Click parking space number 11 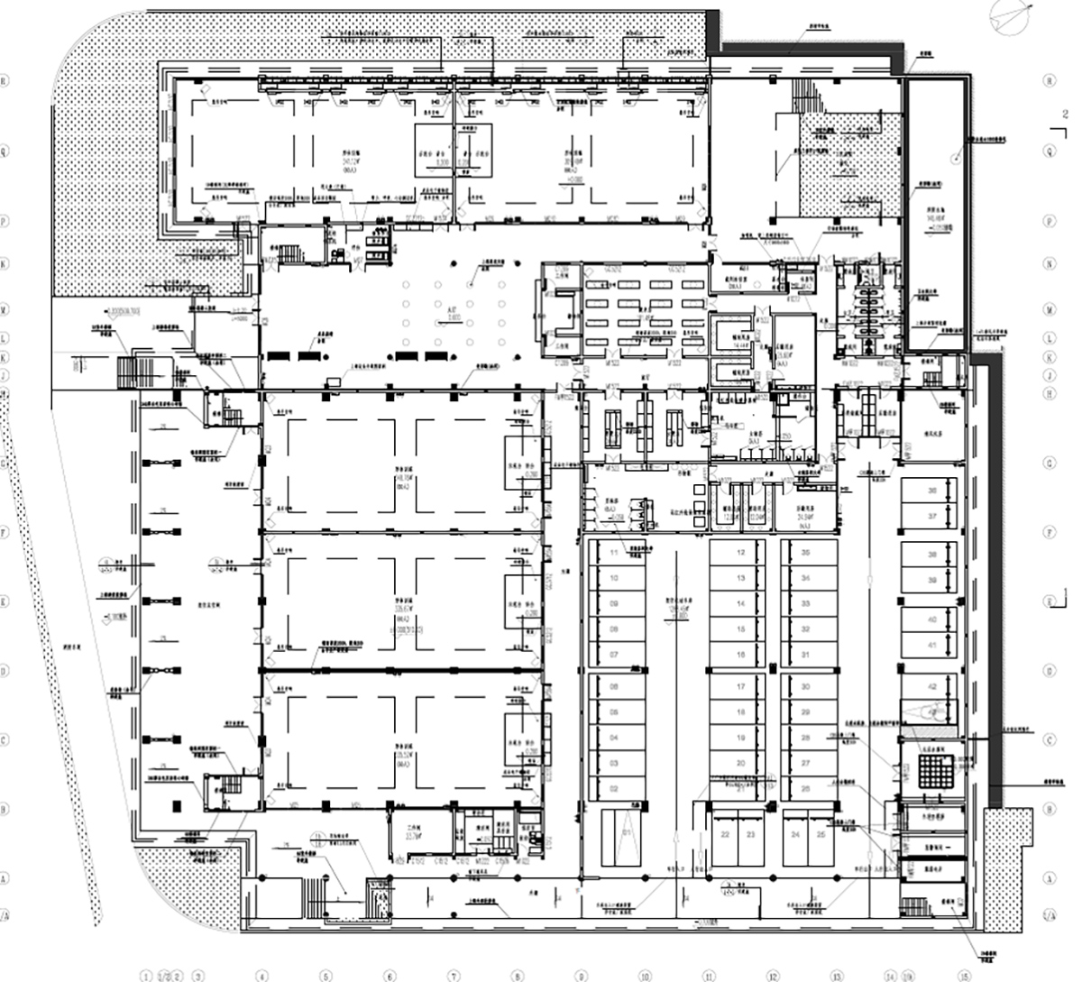tap(616, 552)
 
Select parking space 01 tap(616, 834)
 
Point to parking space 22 tap(726, 835)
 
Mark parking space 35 tap(806, 552)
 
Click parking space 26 tap(806, 788)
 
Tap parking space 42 tap(932, 687)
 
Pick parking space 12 tap(740, 552)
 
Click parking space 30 tap(806, 687)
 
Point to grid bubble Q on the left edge tap(5, 151)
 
